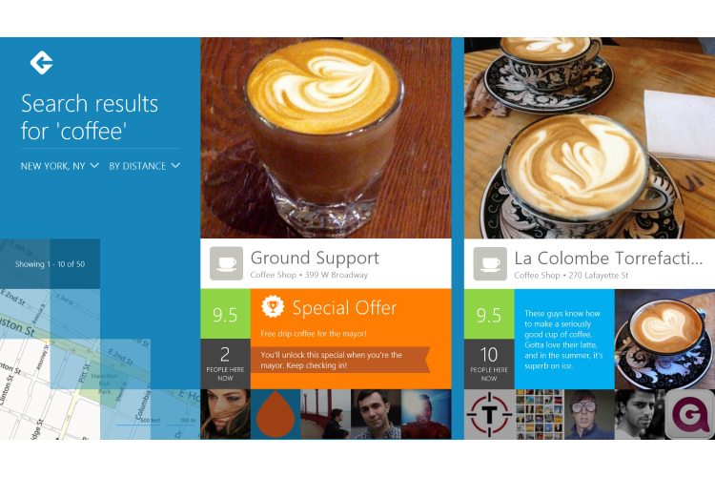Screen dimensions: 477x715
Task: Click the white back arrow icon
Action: (x=41, y=63)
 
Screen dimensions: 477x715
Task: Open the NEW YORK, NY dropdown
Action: (x=60, y=166)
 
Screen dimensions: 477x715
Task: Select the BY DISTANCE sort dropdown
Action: (x=144, y=166)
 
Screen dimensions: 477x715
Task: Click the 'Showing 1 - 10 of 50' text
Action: (x=51, y=263)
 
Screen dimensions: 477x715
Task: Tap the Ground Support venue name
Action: (x=315, y=258)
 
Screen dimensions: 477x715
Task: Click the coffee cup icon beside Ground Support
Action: (x=226, y=263)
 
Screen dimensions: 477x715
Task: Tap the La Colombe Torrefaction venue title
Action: (x=608, y=258)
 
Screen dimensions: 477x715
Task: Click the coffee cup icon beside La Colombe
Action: (x=490, y=263)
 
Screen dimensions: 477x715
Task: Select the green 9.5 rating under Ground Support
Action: (x=225, y=315)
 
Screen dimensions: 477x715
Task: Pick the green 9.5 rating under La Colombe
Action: (x=489, y=315)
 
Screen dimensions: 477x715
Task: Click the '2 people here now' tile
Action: (x=225, y=363)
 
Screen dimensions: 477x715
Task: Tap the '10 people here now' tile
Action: (x=489, y=363)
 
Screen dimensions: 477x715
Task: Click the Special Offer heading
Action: (x=344, y=308)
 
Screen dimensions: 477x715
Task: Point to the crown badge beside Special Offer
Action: (x=274, y=307)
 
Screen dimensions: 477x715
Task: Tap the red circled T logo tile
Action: (x=489, y=414)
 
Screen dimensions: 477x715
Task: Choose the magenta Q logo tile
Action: (x=689, y=414)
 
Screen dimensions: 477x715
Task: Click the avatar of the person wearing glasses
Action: (x=588, y=414)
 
